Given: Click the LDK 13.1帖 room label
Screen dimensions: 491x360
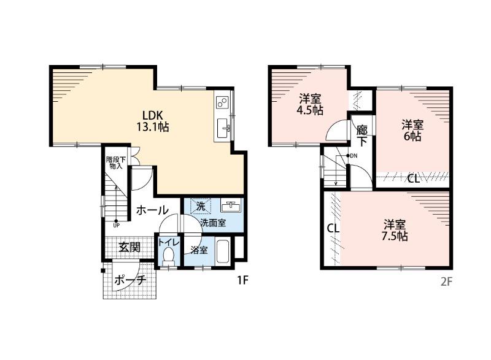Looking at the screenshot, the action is coord(152,121).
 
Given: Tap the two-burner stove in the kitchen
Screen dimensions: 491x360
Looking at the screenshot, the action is coord(223,102).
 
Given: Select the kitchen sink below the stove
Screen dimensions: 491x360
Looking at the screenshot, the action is coord(223,128).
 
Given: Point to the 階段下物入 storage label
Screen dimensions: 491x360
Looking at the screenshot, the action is coord(116,163).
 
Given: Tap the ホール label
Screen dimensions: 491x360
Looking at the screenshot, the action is coord(152,210).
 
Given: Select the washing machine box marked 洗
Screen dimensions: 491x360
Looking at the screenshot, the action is coord(201,206).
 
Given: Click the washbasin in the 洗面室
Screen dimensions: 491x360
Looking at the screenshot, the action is coord(231,206).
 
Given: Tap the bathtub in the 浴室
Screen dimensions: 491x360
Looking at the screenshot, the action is coord(223,252).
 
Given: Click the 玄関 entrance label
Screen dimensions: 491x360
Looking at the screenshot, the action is coord(130,248).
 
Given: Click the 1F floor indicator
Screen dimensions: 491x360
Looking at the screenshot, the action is coord(242,280).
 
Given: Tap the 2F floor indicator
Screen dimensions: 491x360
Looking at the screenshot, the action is coord(446,282).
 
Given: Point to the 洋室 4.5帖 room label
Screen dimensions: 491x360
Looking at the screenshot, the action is coord(310,105).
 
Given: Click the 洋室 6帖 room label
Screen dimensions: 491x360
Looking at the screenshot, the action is coord(412,131).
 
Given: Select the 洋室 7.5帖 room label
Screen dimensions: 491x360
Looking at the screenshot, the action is coord(395,230).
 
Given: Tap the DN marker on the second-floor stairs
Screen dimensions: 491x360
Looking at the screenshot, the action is coord(352,155).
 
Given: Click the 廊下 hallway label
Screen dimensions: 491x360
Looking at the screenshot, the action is coord(362,136).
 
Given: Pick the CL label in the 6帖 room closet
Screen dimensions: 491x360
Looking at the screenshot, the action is coord(413,179).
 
